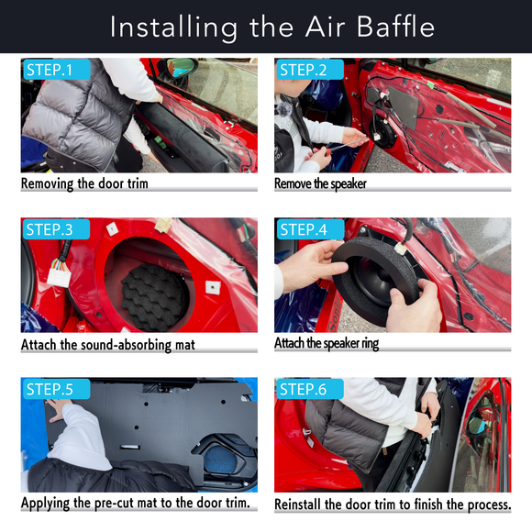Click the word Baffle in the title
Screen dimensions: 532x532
point(395,27)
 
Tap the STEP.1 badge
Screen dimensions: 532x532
point(57,70)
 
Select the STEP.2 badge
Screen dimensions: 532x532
point(310,70)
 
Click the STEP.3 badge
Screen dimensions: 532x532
point(56,229)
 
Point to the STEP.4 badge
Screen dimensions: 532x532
point(310,229)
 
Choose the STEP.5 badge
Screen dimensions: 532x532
point(56,389)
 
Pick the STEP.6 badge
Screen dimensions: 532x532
point(310,389)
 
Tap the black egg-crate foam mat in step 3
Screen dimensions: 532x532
point(153,297)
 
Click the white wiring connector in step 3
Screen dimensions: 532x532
point(59,273)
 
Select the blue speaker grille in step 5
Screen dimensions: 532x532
point(221,460)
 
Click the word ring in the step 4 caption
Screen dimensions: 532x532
point(371,344)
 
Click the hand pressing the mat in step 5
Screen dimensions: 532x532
point(59,409)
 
